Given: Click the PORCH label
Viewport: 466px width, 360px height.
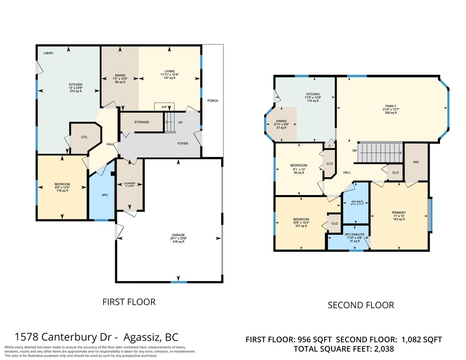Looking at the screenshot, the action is (213, 100).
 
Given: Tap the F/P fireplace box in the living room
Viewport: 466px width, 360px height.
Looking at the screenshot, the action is (164, 107).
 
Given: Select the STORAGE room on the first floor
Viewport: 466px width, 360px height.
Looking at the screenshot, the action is (142, 122).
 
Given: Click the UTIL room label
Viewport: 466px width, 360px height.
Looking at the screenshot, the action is (84, 137).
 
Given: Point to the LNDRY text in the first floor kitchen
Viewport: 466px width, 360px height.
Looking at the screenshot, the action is (48, 53).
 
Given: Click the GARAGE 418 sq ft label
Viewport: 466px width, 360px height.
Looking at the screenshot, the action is (178, 238).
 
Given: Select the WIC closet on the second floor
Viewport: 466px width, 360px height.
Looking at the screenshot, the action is (416, 162).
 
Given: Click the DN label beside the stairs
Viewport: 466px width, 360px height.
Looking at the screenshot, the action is (354, 151).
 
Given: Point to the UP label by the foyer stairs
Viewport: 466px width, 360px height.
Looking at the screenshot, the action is (180, 122).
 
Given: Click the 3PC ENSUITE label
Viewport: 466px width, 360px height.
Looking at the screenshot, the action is (354, 235).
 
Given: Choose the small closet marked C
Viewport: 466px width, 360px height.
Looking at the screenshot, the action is (329, 146).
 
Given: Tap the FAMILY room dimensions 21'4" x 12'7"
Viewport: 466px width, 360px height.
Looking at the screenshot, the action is (391, 109).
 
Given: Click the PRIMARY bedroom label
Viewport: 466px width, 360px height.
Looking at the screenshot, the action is (399, 212).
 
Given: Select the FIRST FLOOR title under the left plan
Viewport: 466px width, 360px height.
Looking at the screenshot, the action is (129, 302).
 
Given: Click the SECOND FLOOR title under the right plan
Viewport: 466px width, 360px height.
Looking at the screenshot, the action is (361, 305).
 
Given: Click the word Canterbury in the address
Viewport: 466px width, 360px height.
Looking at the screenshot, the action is (77, 337).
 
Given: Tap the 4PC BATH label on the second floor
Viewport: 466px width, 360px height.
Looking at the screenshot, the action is (357, 202).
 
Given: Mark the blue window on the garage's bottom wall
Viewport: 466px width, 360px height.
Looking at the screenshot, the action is (179, 282).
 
